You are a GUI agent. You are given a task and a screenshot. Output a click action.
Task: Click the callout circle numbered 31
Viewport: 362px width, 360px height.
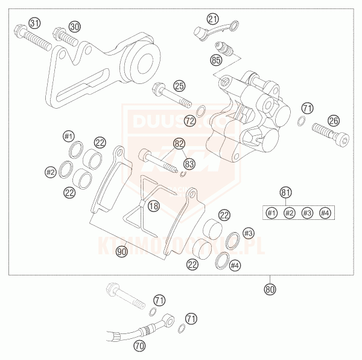coord(36,24)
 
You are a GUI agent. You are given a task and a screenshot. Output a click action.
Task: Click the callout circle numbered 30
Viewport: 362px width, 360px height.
coord(74,27)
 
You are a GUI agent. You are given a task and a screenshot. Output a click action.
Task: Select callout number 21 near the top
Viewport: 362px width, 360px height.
coord(212,19)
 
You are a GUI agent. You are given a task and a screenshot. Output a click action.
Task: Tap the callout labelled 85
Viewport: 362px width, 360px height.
coord(217,60)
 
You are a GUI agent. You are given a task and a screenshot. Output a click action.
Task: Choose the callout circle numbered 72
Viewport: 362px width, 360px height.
coord(190,121)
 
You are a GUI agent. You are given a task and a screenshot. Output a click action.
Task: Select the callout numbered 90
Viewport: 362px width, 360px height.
coord(122,251)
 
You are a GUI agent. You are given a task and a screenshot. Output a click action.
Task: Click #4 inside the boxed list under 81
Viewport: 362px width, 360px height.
coord(325,213)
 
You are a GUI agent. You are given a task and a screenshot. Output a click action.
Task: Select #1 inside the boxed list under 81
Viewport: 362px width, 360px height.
coord(271,213)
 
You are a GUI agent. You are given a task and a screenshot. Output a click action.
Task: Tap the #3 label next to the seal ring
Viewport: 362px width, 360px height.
coord(247,233)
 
